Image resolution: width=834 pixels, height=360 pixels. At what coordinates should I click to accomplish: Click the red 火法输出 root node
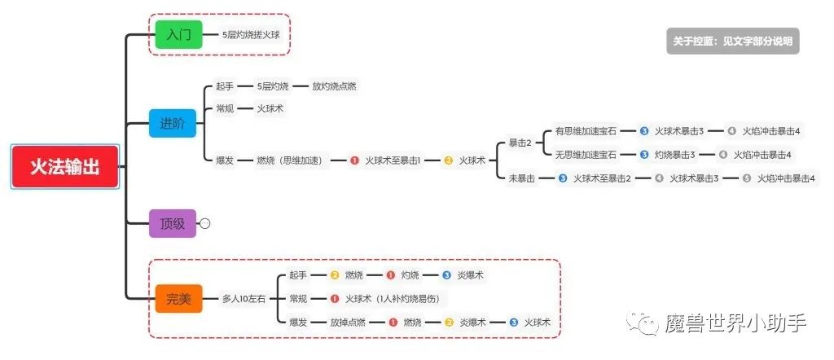pyautogui.click(x=65, y=167)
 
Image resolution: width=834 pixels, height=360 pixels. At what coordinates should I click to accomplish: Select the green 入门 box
pyautogui.click(x=178, y=35)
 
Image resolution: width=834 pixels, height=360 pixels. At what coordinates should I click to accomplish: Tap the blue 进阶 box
pyautogui.click(x=173, y=123)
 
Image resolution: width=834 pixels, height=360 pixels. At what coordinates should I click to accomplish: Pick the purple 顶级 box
pyautogui.click(x=173, y=223)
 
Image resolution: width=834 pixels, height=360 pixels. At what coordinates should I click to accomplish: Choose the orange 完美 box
pyautogui.click(x=178, y=299)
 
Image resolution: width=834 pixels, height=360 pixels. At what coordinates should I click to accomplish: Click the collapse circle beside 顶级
pyautogui.click(x=205, y=223)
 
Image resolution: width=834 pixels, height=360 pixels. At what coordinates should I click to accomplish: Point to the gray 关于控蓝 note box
pyautogui.click(x=732, y=41)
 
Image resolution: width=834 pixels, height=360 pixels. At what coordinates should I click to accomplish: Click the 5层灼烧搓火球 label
pyautogui.click(x=255, y=35)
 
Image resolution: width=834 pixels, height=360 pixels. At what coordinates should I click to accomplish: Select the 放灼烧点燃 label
pyautogui.click(x=334, y=86)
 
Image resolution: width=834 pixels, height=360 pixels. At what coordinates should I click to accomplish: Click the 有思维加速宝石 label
pyautogui.click(x=586, y=130)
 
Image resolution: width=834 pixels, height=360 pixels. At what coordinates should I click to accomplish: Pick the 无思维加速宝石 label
pyautogui.click(x=586, y=154)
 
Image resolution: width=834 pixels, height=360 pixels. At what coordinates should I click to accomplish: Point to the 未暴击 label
pyautogui.click(x=522, y=178)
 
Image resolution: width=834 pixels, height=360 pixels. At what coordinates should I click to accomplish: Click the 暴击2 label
pyautogui.click(x=520, y=143)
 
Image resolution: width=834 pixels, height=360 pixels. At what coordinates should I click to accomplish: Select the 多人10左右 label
pyautogui.click(x=244, y=299)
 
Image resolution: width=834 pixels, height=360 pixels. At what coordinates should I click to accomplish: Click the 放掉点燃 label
pyautogui.click(x=348, y=323)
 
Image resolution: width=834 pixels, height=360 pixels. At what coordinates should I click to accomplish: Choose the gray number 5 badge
pyautogui.click(x=747, y=178)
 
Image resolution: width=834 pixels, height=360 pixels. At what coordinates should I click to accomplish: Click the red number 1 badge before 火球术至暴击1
pyautogui.click(x=354, y=160)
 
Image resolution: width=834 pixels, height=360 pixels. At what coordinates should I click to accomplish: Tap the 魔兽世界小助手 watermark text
pyautogui.click(x=735, y=323)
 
